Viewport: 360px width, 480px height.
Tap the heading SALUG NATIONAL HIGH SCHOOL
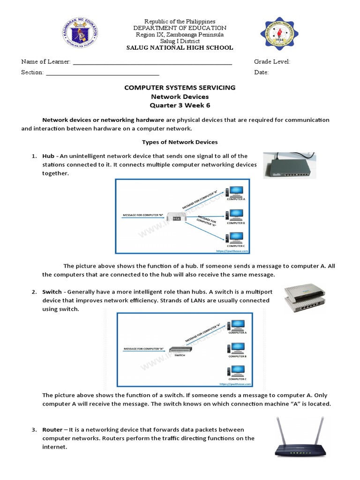point(180,48)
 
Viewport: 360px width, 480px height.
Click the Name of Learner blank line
point(152,62)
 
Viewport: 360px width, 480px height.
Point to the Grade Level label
point(272,62)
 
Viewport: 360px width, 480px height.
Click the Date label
point(261,73)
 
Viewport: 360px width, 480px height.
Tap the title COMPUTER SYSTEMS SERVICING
point(180,88)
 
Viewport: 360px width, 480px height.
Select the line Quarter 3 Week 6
point(180,105)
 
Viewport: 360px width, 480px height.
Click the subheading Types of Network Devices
point(180,142)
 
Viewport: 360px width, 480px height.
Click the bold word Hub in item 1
point(48,156)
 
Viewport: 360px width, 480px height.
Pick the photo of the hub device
point(289,165)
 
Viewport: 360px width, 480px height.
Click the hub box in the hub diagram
point(177,218)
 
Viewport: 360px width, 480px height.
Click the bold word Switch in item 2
point(52,292)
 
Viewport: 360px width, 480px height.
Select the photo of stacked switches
point(305,298)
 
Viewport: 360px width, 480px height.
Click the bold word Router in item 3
point(52,430)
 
